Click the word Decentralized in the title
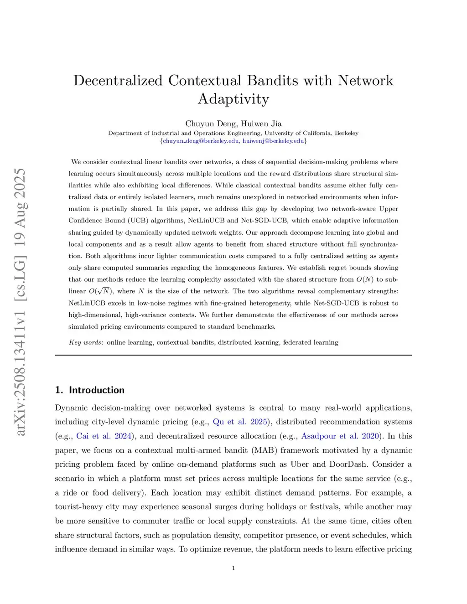[118, 81]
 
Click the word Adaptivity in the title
[233, 99]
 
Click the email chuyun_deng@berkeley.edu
[201, 141]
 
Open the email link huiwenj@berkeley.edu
[273, 141]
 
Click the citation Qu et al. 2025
[240, 422]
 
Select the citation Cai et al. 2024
[104, 436]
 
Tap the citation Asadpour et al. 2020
[340, 436]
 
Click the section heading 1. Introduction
[90, 390]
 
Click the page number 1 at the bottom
[233, 568]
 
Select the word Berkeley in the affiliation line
[347, 133]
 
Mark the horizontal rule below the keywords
[233, 355]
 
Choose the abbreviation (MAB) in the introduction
[263, 450]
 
